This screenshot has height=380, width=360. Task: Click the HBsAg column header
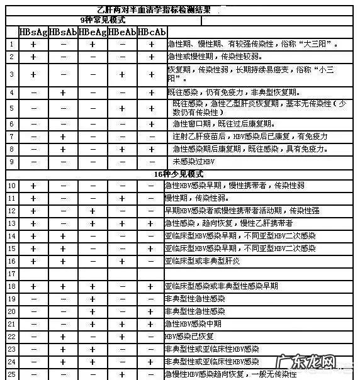click(x=32, y=31)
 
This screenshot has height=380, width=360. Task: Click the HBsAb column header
click(x=62, y=31)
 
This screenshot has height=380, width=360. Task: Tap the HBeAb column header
click(x=121, y=31)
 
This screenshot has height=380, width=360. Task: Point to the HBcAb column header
click(x=151, y=31)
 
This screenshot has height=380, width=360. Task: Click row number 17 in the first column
click(x=12, y=274)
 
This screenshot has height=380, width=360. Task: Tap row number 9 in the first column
click(x=12, y=162)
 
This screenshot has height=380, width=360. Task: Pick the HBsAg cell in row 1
click(x=33, y=44)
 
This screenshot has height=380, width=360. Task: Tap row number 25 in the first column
click(x=12, y=374)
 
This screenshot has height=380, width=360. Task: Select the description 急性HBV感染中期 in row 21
click(x=195, y=324)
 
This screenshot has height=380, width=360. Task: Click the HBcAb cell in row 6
click(x=151, y=124)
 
